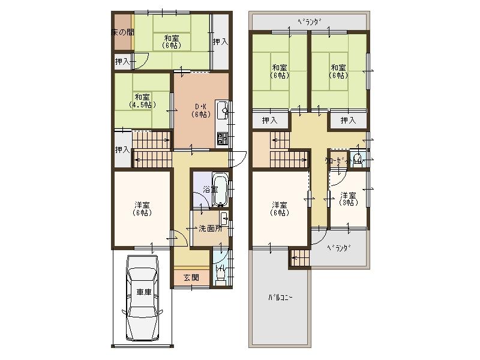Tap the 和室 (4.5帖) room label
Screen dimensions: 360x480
(x=142, y=100)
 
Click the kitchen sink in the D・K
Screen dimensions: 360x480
(x=221, y=110)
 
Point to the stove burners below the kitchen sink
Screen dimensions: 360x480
(x=221, y=139)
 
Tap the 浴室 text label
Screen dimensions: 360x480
(x=210, y=189)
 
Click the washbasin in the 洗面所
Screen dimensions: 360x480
(x=223, y=217)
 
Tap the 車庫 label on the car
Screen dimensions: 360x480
(x=143, y=292)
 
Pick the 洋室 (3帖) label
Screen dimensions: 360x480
(x=348, y=199)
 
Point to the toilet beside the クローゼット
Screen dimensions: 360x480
(x=358, y=159)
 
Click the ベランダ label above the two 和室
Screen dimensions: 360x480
(x=310, y=22)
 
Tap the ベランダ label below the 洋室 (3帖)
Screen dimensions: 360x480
(x=339, y=248)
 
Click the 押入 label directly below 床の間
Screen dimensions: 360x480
(x=122, y=61)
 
